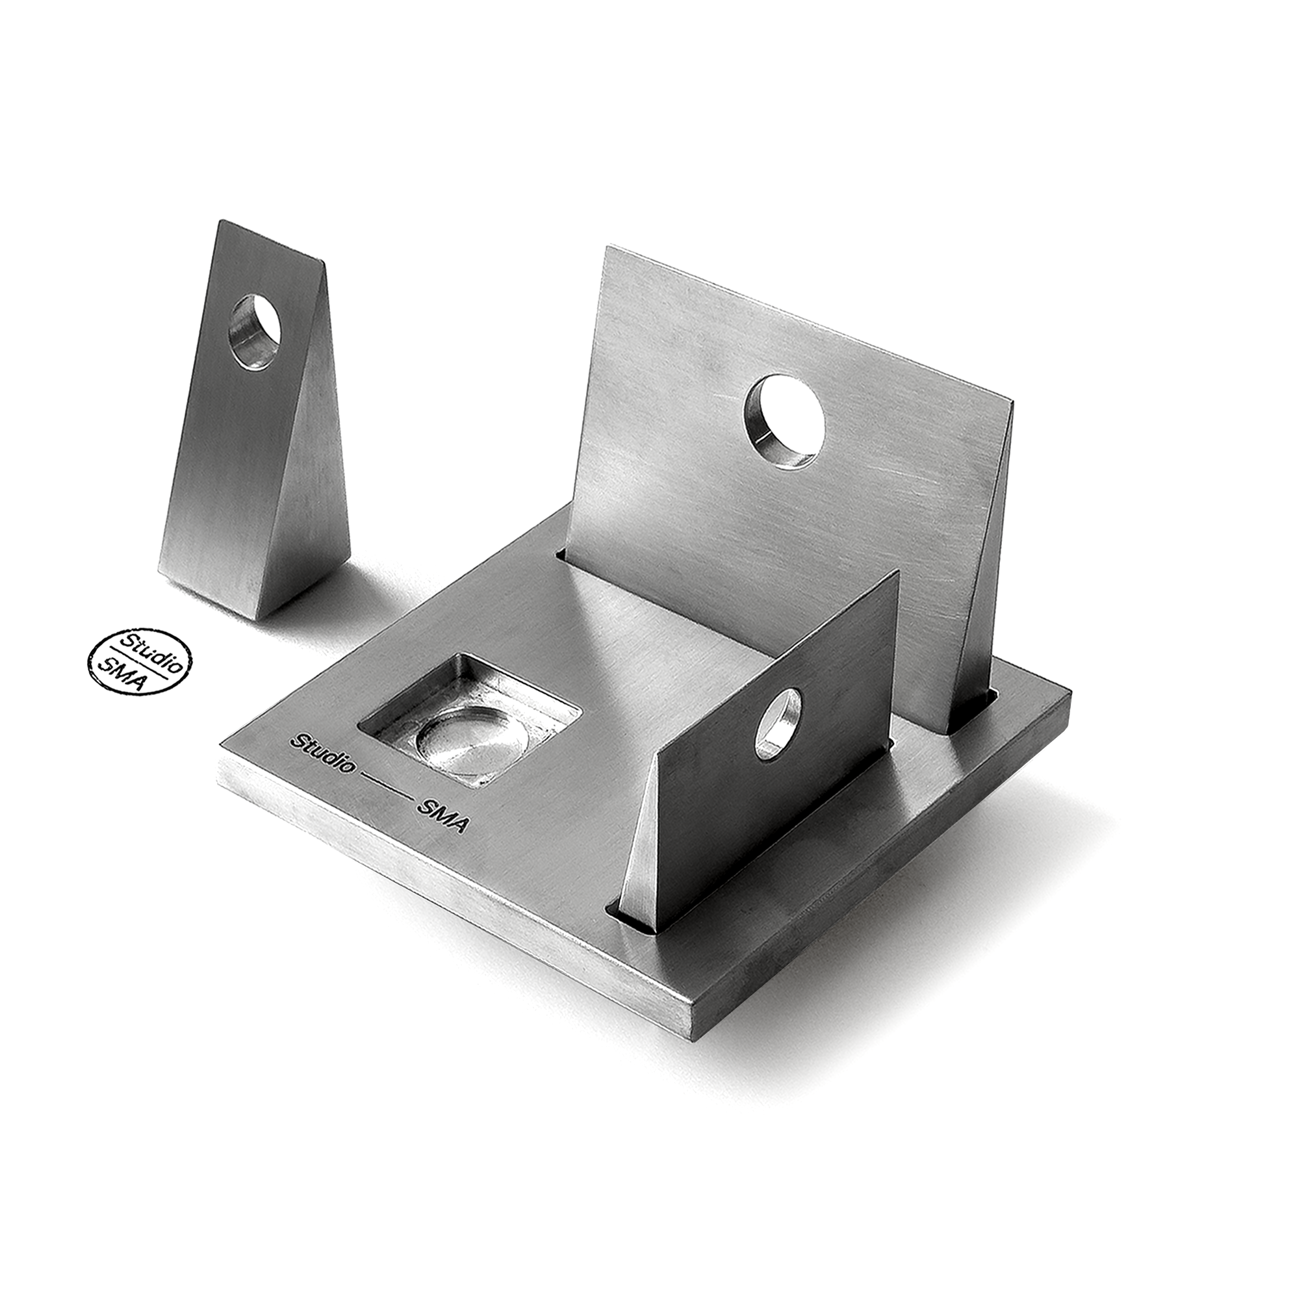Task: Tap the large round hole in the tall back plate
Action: (x=784, y=421)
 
